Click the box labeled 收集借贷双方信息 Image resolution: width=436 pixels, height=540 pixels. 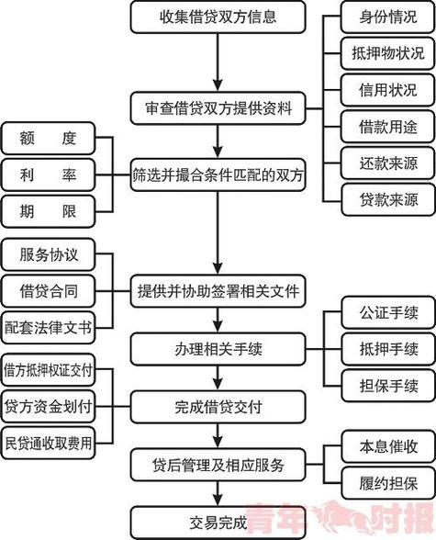click(218, 17)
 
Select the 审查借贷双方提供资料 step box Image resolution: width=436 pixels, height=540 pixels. click(218, 108)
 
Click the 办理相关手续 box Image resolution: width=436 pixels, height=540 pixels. click(218, 348)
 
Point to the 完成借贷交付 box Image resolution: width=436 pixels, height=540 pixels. click(218, 404)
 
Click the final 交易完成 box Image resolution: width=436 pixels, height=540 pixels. click(218, 523)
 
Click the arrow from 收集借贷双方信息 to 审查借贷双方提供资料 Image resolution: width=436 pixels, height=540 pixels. click(218, 62)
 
